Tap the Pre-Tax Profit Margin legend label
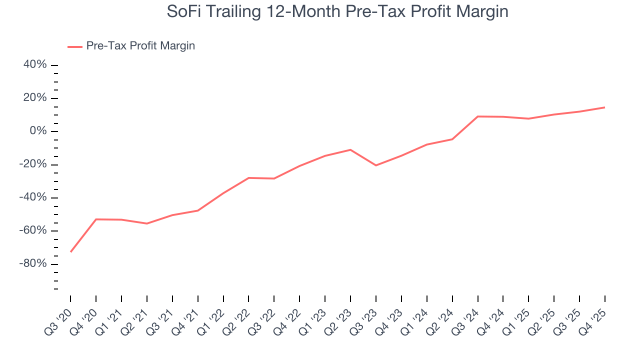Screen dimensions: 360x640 coord(140,46)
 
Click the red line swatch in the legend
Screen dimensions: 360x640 coord(75,46)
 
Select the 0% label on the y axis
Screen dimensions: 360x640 coord(39,131)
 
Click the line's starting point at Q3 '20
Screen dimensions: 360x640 coord(70,251)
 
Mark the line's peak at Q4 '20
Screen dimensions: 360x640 coord(96,219)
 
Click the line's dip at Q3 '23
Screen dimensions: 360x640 coord(376,165)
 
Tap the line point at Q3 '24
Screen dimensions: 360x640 coord(478,116)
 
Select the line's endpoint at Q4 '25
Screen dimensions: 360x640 coord(605,107)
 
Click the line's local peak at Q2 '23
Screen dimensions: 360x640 coord(350,149)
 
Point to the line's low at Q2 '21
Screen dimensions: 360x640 coord(147,223)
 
